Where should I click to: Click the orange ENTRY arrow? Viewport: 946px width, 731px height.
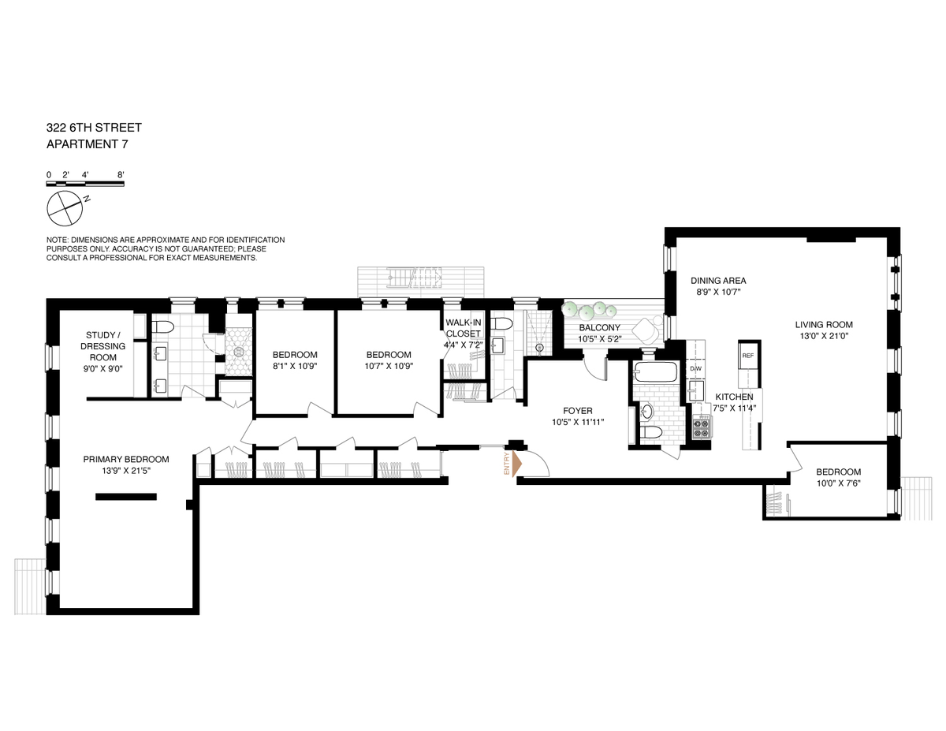click(x=516, y=464)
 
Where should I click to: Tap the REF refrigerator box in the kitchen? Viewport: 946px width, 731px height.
click(x=747, y=356)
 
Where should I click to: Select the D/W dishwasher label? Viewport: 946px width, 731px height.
click(x=695, y=369)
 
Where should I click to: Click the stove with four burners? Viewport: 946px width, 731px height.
click(x=701, y=427)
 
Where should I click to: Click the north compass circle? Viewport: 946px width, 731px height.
click(x=65, y=208)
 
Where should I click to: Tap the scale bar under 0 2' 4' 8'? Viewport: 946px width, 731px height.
click(x=85, y=184)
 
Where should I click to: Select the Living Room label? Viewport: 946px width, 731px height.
click(x=824, y=324)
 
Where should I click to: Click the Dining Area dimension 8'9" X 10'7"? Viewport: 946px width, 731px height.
click(x=718, y=292)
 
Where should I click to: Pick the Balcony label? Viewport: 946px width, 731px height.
click(x=599, y=327)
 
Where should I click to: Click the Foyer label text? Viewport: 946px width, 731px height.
click(x=578, y=411)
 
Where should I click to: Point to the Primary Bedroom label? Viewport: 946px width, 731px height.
click(x=126, y=459)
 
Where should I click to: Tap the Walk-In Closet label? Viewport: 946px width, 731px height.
click(x=464, y=328)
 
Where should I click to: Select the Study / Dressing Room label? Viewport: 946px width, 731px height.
click(x=103, y=346)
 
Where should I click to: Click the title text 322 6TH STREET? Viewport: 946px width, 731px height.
click(x=94, y=128)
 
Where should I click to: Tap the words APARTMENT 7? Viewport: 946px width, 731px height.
click(x=87, y=144)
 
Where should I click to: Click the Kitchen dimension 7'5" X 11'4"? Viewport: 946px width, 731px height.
click(x=735, y=408)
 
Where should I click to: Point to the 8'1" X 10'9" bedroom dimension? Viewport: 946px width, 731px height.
click(x=295, y=366)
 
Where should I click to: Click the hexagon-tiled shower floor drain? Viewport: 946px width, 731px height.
click(x=239, y=352)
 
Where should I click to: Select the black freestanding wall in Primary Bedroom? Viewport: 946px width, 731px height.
click(x=126, y=496)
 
